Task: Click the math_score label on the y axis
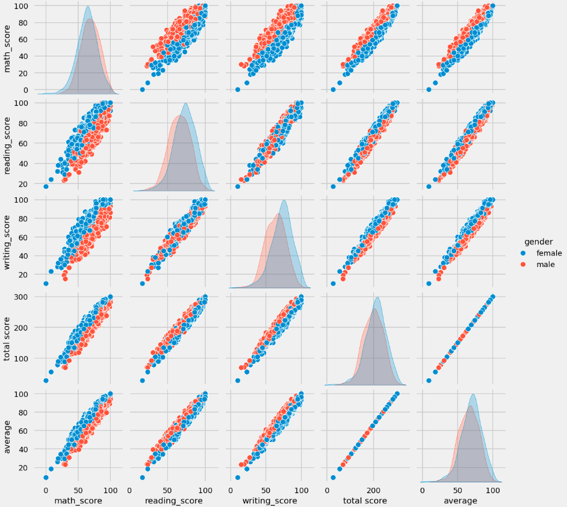point(8,48)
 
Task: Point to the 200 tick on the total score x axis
point(374,490)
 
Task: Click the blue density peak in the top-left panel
point(88,7)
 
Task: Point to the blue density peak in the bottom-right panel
point(473,395)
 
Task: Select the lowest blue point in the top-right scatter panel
point(429,89)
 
